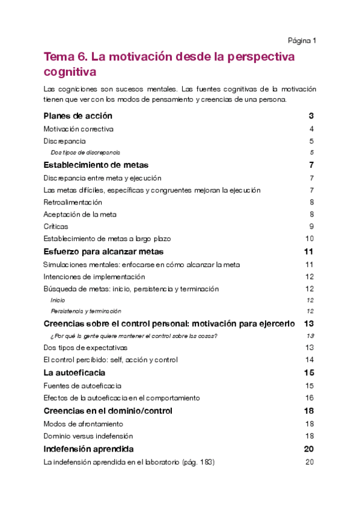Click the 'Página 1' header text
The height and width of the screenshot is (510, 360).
coord(302,41)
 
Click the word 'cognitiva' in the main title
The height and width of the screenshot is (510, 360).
coord(70,72)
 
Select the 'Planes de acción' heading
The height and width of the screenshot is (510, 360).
coord(78,116)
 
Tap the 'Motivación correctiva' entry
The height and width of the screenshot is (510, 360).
coord(79,129)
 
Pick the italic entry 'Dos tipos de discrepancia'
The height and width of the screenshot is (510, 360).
coord(86,153)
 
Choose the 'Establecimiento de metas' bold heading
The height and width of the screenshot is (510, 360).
coord(96,165)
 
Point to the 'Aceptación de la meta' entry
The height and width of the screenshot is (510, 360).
coord(80,214)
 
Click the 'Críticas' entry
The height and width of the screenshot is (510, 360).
coord(56,227)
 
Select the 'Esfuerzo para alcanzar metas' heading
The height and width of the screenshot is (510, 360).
coord(104,251)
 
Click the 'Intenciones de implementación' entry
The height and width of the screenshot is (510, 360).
coord(94,277)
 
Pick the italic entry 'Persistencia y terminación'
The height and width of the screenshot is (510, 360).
coord(86,312)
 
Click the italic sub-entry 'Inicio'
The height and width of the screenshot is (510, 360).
coord(58,300)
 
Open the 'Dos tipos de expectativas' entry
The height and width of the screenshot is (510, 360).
coord(85,348)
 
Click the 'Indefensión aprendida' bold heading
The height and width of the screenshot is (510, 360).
coord(88,449)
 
